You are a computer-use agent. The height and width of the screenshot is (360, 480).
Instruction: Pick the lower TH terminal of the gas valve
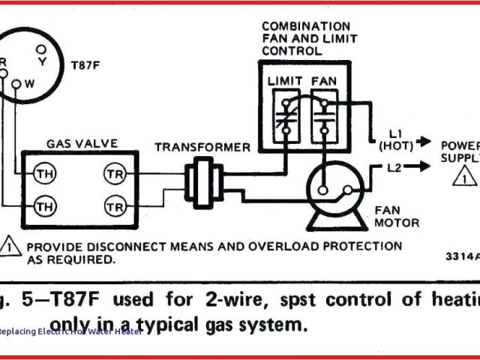(x=43, y=205)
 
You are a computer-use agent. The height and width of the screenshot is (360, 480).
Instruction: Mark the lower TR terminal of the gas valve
(x=115, y=205)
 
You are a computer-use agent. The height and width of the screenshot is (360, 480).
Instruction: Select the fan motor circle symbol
(x=328, y=187)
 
